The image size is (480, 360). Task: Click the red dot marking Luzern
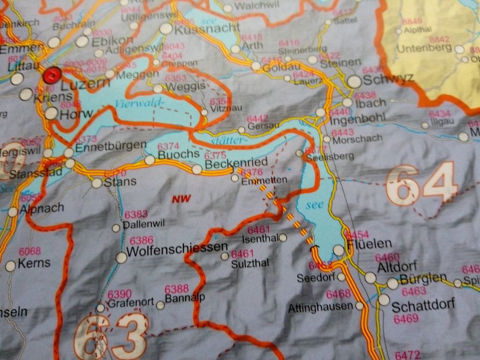point(52,76)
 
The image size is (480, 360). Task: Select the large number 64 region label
point(421,184)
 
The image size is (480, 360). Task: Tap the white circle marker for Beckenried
point(197,169)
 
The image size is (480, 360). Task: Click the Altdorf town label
point(397,267)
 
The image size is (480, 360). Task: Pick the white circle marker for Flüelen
point(339,250)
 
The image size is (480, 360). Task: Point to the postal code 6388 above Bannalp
point(176,289)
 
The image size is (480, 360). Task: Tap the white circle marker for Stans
point(97,182)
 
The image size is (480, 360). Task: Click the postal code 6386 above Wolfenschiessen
point(142,240)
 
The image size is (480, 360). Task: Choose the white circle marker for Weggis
point(158,88)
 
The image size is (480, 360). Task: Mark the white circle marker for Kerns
point(11,266)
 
